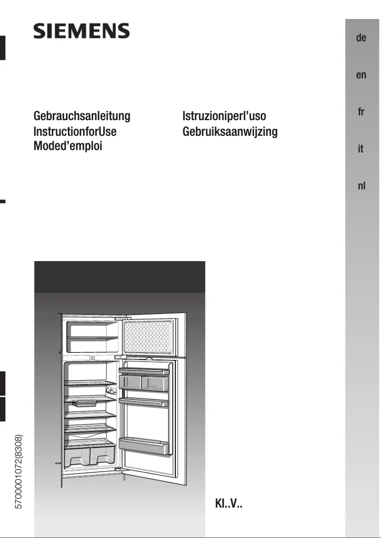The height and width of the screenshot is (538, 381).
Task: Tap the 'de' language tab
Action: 361,38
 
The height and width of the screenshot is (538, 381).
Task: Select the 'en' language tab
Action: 361,75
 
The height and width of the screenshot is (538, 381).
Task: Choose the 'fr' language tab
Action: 361,112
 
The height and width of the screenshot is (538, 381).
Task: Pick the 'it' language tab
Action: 361,149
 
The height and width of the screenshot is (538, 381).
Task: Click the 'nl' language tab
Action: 361,186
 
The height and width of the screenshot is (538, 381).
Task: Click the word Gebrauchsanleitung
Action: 82,116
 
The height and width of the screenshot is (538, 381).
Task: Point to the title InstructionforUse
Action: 75,131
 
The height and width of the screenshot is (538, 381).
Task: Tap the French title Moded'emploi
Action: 68,145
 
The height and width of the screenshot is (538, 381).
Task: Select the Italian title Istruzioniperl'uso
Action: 224,116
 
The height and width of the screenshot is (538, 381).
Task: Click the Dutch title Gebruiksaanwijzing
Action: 230,131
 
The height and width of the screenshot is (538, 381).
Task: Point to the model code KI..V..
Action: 229,505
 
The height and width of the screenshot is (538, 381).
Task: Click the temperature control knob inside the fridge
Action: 112,391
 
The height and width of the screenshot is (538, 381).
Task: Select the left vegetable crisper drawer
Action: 76,457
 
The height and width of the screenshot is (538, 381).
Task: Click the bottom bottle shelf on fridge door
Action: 144,446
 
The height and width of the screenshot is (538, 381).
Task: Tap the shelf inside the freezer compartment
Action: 92,338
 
